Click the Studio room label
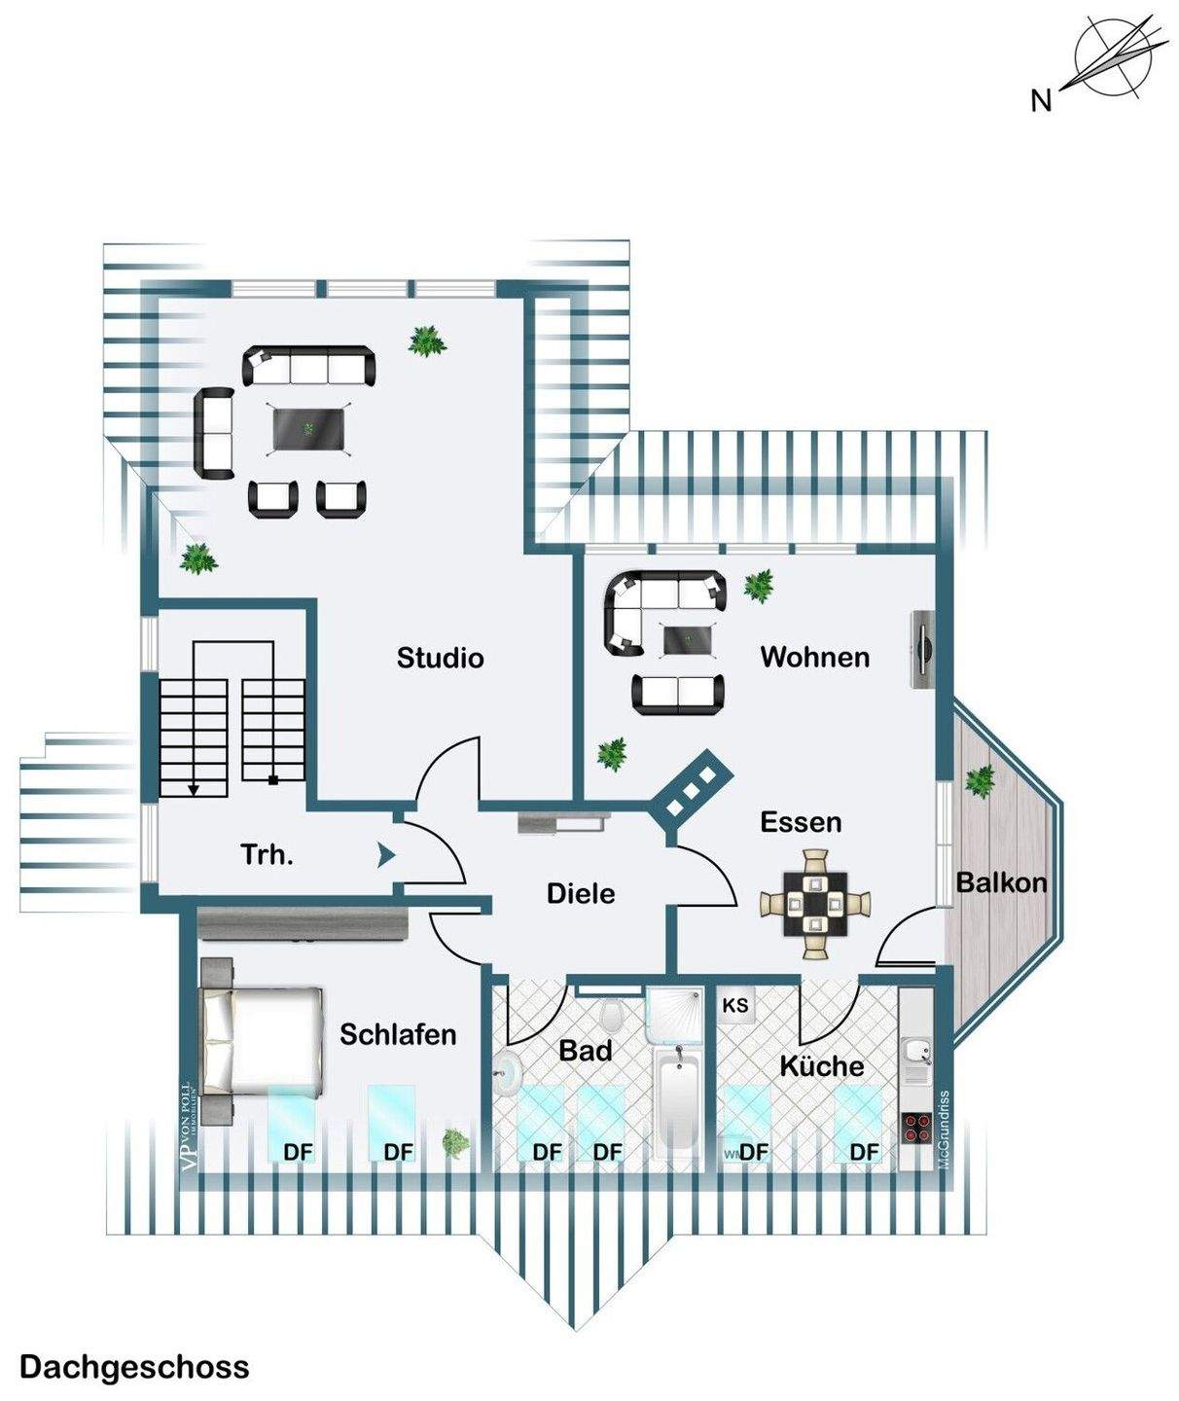pyautogui.click(x=440, y=658)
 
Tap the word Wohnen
pyautogui.click(x=814, y=657)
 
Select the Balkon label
pyautogui.click(x=1001, y=882)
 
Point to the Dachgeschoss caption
pyautogui.click(x=134, y=1367)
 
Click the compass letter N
pyautogui.click(x=1041, y=100)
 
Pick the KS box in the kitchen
pyautogui.click(x=735, y=1005)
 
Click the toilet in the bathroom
pyautogui.click(x=612, y=1017)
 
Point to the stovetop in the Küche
pyautogui.click(x=916, y=1128)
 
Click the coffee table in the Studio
pyautogui.click(x=310, y=429)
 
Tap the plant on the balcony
pyautogui.click(x=980, y=780)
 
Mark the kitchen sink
pyautogui.click(x=915, y=1053)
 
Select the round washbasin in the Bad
pyautogui.click(x=508, y=1073)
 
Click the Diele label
pyautogui.click(x=581, y=893)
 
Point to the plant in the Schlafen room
pyautogui.click(x=454, y=1143)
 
